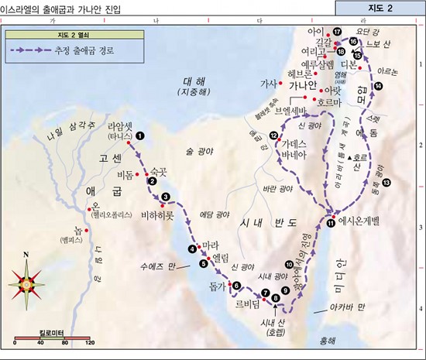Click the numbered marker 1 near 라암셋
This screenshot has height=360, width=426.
(139, 135)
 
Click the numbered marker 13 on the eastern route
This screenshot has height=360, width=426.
(386, 182)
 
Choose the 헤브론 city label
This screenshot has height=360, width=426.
(298, 74)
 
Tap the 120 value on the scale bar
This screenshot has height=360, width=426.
(90, 341)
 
